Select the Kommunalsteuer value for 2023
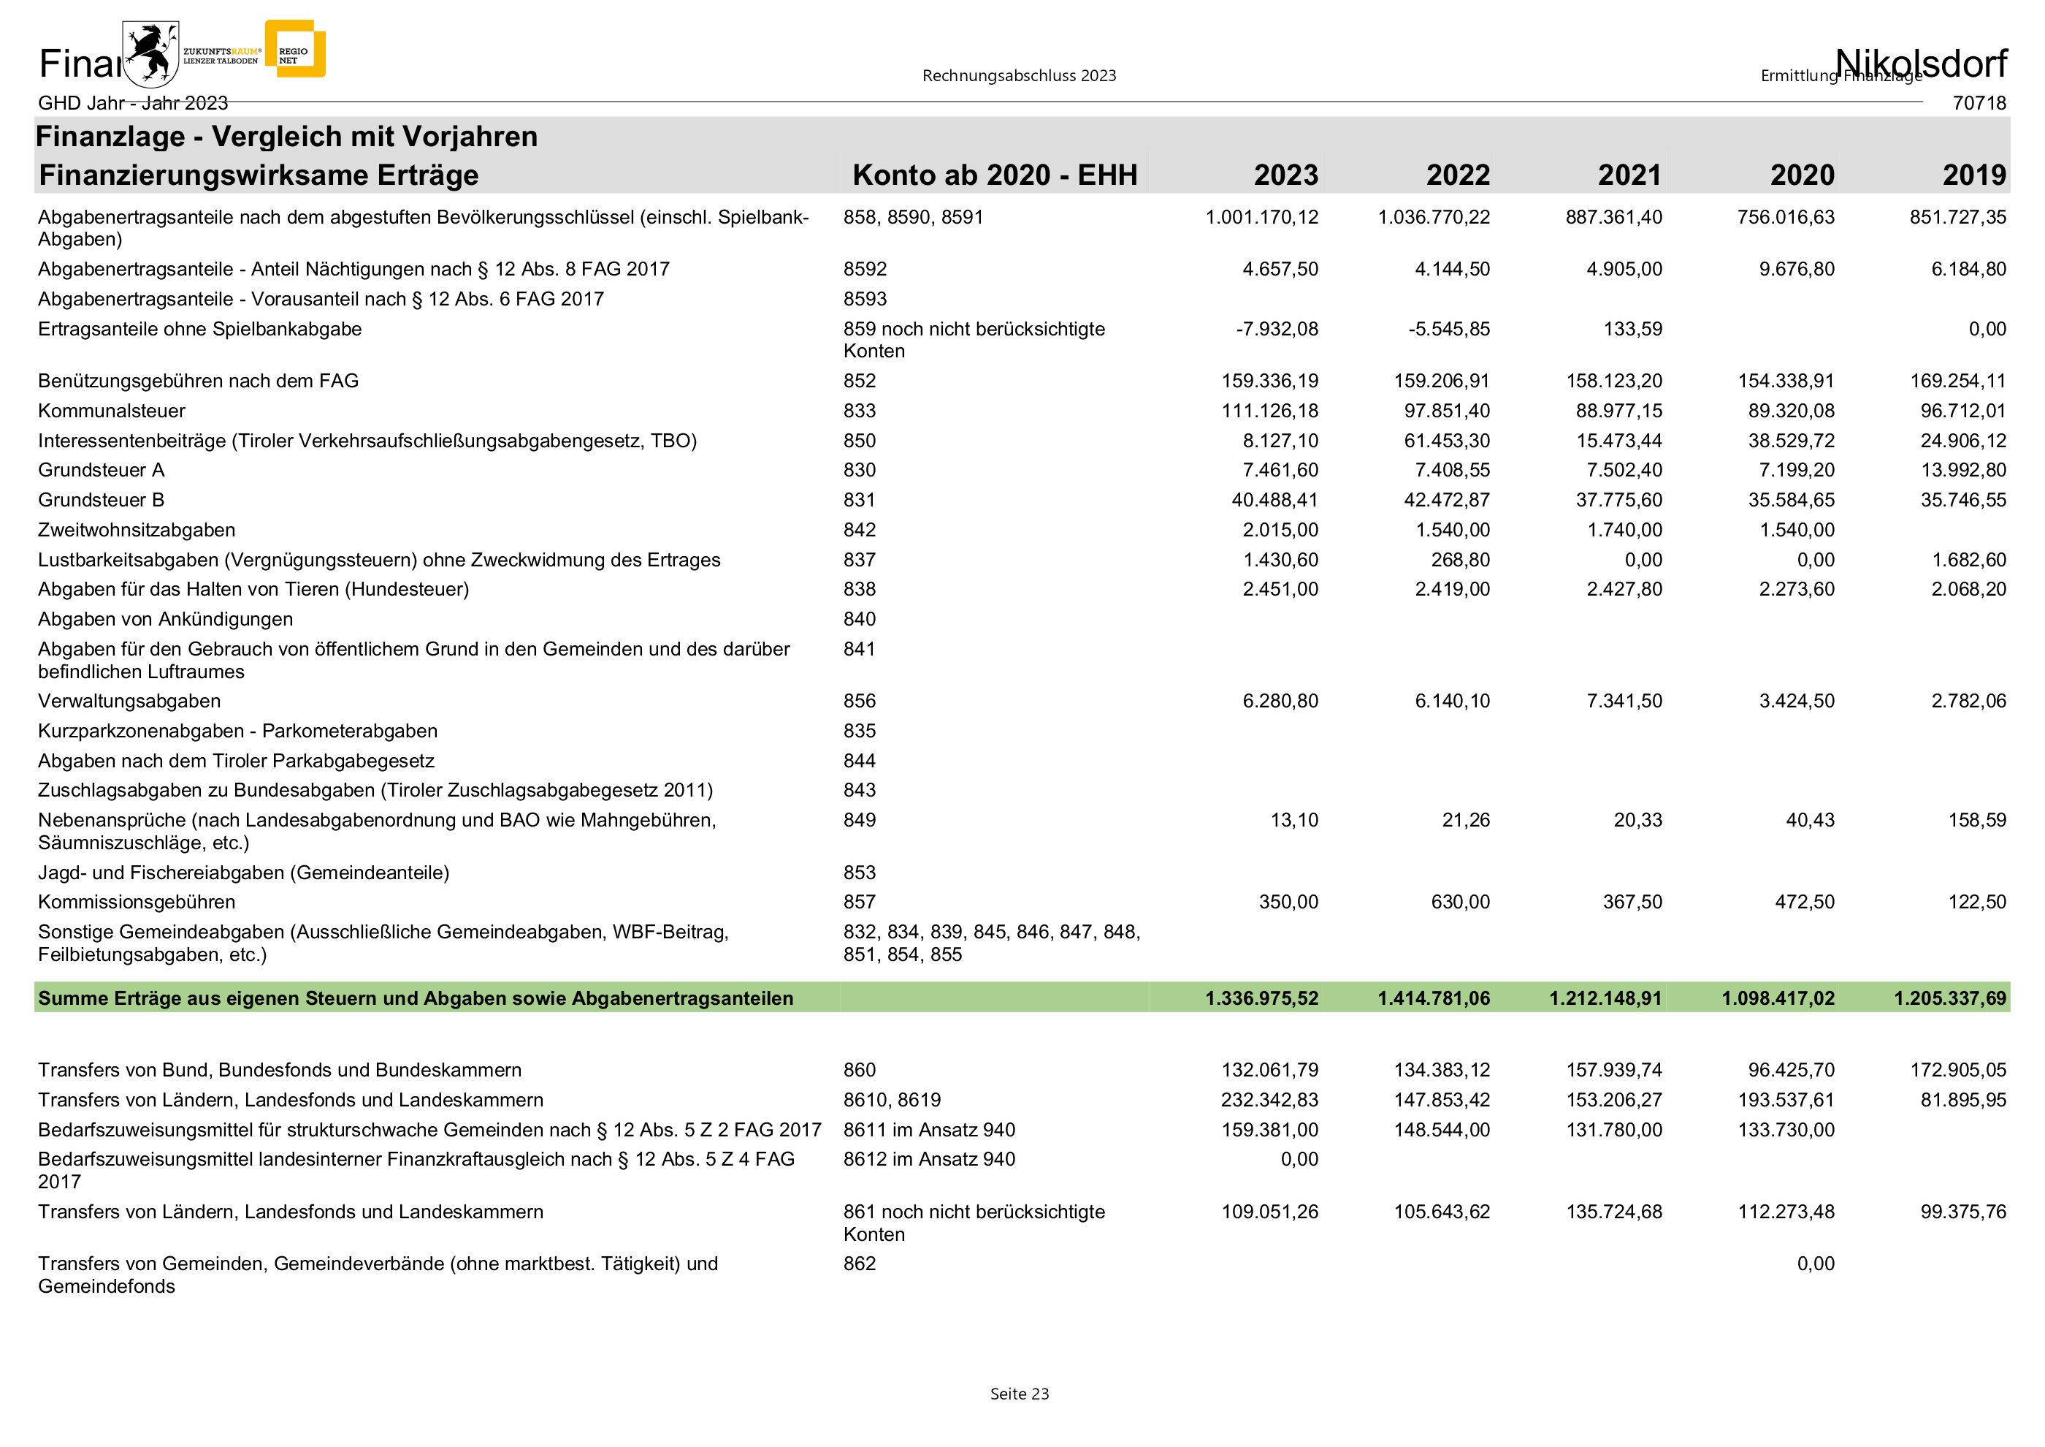click(x=1269, y=411)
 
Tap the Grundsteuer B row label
click(x=101, y=500)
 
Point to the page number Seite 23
click(x=1019, y=1394)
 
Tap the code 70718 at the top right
click(x=1979, y=103)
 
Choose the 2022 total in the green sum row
click(x=1433, y=998)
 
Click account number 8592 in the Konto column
click(x=865, y=269)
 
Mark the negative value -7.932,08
click(x=1277, y=329)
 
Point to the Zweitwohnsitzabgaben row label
click(x=137, y=529)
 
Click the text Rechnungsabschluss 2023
click(x=1019, y=76)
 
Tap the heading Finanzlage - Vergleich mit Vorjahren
click(x=287, y=137)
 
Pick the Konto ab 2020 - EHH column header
click(x=994, y=175)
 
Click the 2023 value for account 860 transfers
click(x=1269, y=1069)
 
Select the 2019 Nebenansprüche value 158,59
click(x=1976, y=820)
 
